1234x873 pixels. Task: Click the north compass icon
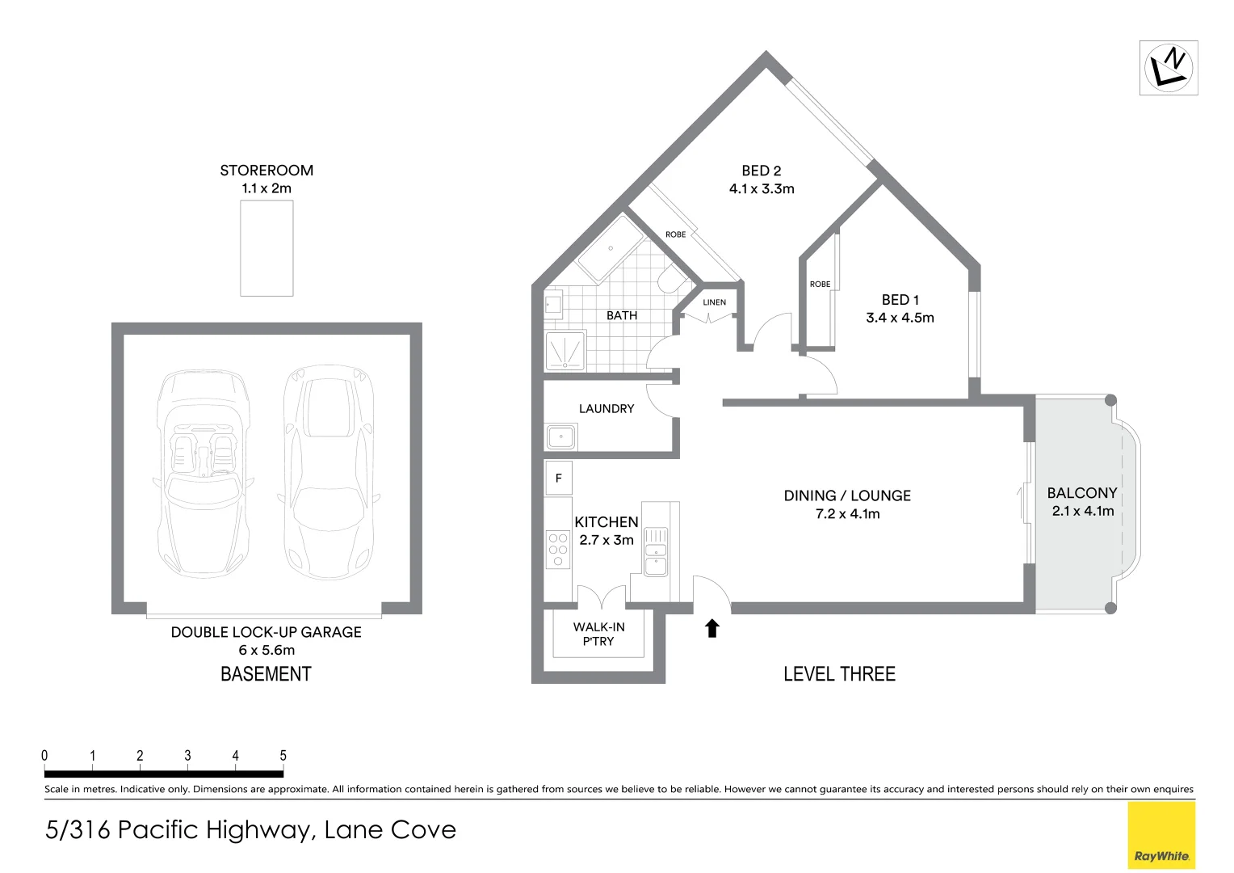[1168, 68]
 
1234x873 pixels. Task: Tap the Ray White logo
[1161, 836]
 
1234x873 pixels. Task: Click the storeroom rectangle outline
[267, 248]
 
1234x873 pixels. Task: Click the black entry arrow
[712, 628]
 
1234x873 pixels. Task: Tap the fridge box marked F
[558, 479]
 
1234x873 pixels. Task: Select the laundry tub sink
[560, 437]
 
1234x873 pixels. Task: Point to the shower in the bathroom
[565, 352]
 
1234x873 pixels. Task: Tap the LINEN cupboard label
[714, 302]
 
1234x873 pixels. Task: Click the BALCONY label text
[1081, 493]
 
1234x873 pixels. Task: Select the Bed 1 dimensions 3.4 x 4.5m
[900, 318]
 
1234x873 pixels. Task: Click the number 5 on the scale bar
[283, 756]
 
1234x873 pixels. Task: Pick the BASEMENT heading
[266, 674]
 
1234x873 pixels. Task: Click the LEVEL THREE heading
[839, 674]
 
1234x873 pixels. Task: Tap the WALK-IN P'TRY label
[598, 634]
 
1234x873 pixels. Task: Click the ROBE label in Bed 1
[820, 285]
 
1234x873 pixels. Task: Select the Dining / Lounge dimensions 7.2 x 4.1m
[847, 514]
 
